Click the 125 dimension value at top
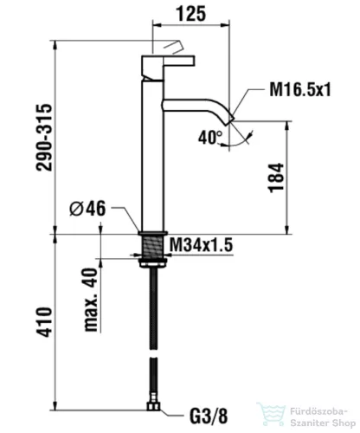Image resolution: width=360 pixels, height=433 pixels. pyautogui.click(x=191, y=14)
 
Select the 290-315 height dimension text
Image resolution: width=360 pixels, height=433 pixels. pyautogui.click(x=44, y=138)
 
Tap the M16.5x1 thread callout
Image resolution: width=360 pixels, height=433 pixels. pyautogui.click(x=300, y=89)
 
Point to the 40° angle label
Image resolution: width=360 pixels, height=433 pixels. pyautogui.click(x=210, y=137)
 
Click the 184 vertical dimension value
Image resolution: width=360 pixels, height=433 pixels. pyautogui.click(x=276, y=178)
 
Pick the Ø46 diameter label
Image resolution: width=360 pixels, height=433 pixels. pyautogui.click(x=87, y=208)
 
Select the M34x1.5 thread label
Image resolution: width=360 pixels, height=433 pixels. pyautogui.click(x=201, y=245)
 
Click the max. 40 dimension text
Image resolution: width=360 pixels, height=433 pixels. pyautogui.click(x=92, y=300)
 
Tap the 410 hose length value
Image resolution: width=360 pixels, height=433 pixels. pyautogui.click(x=44, y=322)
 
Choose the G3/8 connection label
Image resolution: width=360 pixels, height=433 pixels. pyautogui.click(x=209, y=417)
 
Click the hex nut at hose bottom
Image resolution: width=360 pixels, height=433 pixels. pyautogui.click(x=153, y=407)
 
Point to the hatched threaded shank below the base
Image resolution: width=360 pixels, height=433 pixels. pyautogui.click(x=153, y=246)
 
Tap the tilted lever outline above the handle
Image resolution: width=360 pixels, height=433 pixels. pyautogui.click(x=173, y=47)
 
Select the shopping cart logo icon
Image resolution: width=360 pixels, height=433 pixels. pyautogui.click(x=270, y=415)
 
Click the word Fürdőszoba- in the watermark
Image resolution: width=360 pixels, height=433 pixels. pyautogui.click(x=318, y=411)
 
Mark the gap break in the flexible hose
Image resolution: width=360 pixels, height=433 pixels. pyautogui.click(x=153, y=353)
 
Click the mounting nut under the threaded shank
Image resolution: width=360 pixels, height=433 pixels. pyautogui.click(x=153, y=263)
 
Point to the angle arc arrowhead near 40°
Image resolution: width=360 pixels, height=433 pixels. pyautogui.click(x=249, y=136)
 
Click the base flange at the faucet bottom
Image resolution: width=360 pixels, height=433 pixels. pyautogui.click(x=153, y=233)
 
